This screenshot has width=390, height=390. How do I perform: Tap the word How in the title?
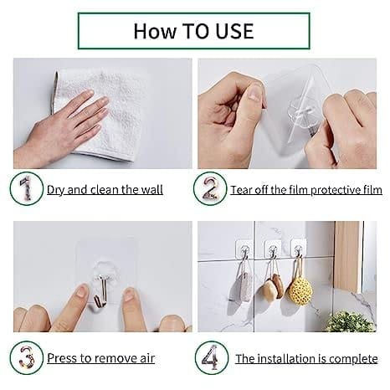pos(155,30)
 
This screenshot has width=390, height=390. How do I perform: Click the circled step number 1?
pos(25,189)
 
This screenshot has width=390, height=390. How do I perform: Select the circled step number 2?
pos(208,189)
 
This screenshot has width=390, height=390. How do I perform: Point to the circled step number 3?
pos(25,357)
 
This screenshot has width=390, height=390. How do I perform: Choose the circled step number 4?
pos(211,357)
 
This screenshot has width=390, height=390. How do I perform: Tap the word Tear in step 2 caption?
pos(243,190)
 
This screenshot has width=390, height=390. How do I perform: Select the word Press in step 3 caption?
pos(64,358)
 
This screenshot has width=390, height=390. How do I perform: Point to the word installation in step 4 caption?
pos(285,358)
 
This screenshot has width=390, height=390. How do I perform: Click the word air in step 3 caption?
pos(146,358)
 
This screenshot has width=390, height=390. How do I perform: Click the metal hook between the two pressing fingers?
pos(100,291)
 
